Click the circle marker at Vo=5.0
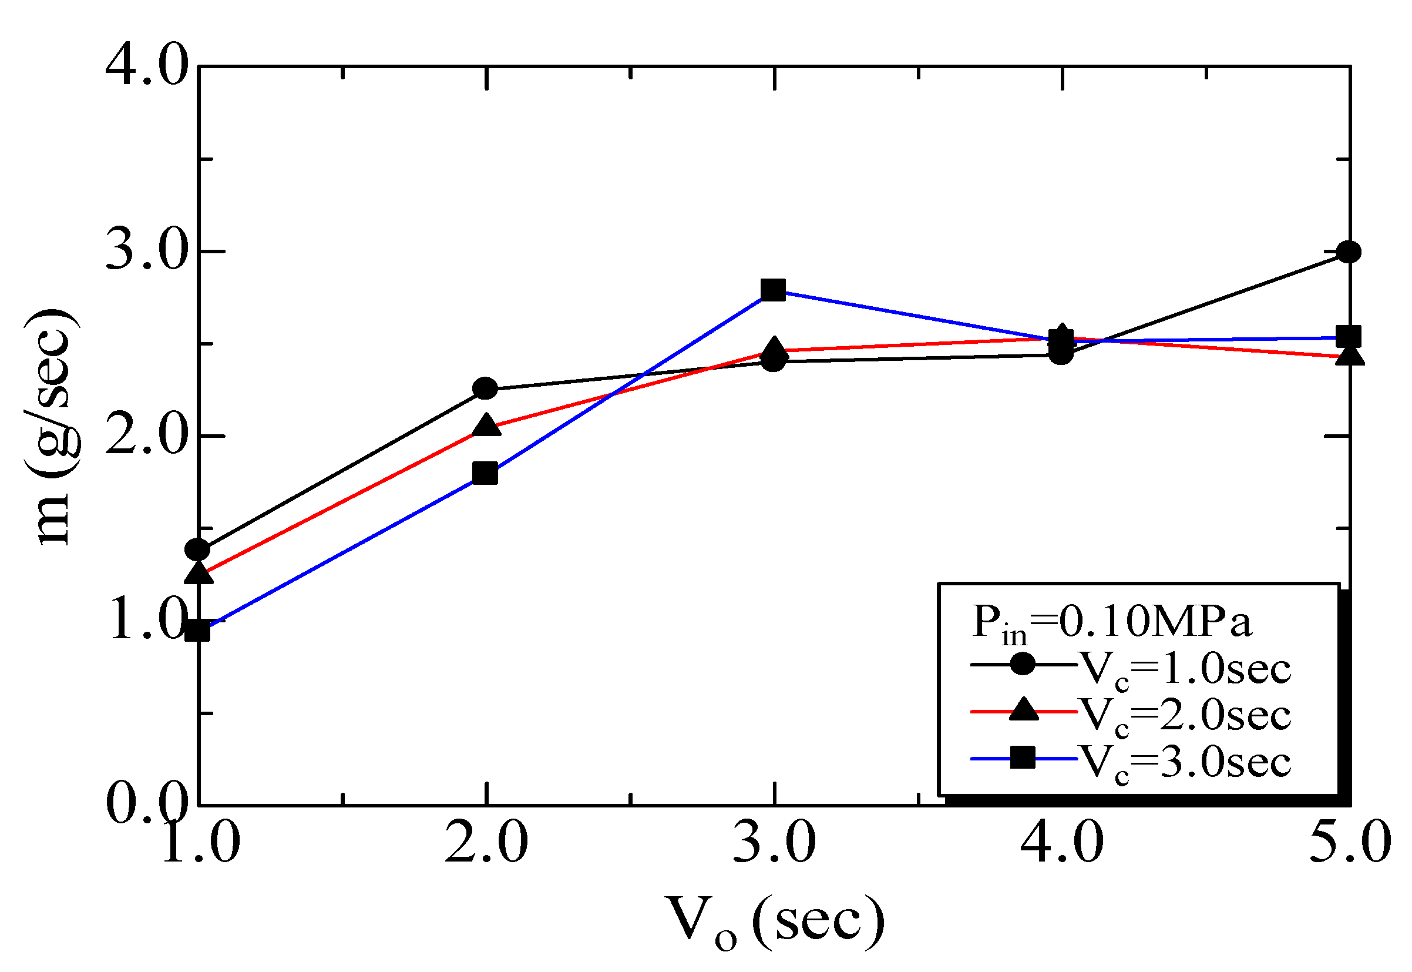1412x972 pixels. (1349, 252)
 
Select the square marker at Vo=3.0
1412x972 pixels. (773, 290)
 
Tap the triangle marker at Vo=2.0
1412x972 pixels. (486, 425)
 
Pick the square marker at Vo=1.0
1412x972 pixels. (198, 631)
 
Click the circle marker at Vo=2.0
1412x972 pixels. (485, 388)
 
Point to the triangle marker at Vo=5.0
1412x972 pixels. (1349, 355)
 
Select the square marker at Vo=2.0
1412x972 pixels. (485, 472)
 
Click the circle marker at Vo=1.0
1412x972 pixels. (198, 550)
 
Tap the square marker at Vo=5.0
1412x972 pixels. (1349, 336)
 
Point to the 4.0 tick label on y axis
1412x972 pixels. (146, 66)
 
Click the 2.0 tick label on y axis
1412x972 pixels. (146, 436)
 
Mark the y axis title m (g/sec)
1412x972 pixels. (52, 426)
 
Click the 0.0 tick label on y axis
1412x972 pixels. (146, 804)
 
